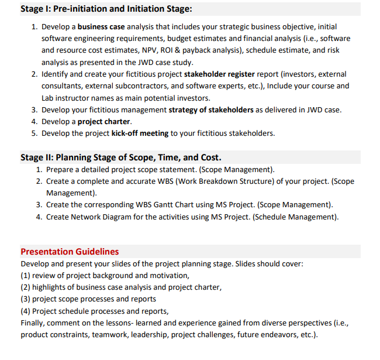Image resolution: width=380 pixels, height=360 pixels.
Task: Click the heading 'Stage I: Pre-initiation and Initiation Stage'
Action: point(106,9)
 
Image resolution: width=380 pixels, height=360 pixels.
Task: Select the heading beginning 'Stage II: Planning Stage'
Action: point(120,157)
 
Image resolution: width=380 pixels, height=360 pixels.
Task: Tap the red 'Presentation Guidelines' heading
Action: point(70,252)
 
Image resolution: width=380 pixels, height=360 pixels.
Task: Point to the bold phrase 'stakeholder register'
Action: point(221,74)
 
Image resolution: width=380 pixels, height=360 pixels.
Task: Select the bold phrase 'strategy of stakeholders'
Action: point(211,109)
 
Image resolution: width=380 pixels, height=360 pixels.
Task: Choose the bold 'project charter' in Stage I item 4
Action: point(104,121)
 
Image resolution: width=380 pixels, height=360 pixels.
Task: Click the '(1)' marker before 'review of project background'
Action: point(25,275)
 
